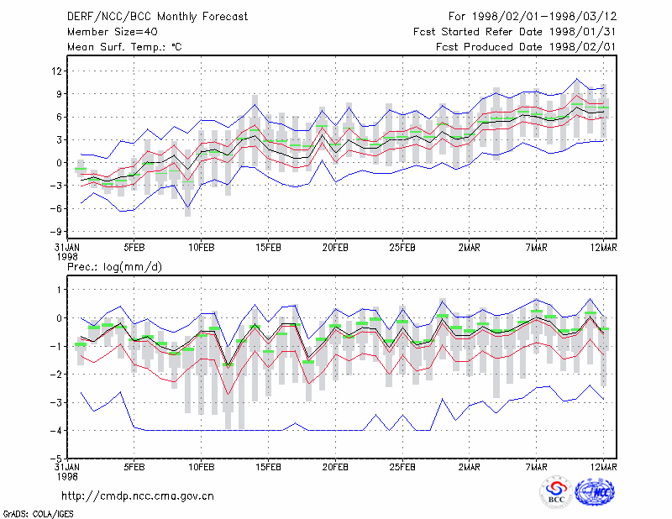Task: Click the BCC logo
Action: [556, 493]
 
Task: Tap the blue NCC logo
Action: [595, 492]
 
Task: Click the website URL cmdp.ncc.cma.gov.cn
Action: [137, 496]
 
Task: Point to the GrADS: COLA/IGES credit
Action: [38, 514]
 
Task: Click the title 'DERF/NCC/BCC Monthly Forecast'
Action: [157, 17]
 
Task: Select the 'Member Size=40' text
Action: [113, 32]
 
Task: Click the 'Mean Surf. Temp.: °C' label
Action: [124, 47]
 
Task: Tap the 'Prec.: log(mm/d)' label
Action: [114, 267]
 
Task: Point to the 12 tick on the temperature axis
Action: [57, 71]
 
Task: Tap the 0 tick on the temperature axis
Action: [59, 163]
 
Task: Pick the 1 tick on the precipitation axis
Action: [60, 290]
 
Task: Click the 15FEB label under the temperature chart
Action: [268, 248]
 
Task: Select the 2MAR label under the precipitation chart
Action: [470, 467]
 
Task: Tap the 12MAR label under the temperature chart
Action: [603, 248]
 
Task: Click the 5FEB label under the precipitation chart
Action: [134, 467]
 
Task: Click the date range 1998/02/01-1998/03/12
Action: [544, 17]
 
